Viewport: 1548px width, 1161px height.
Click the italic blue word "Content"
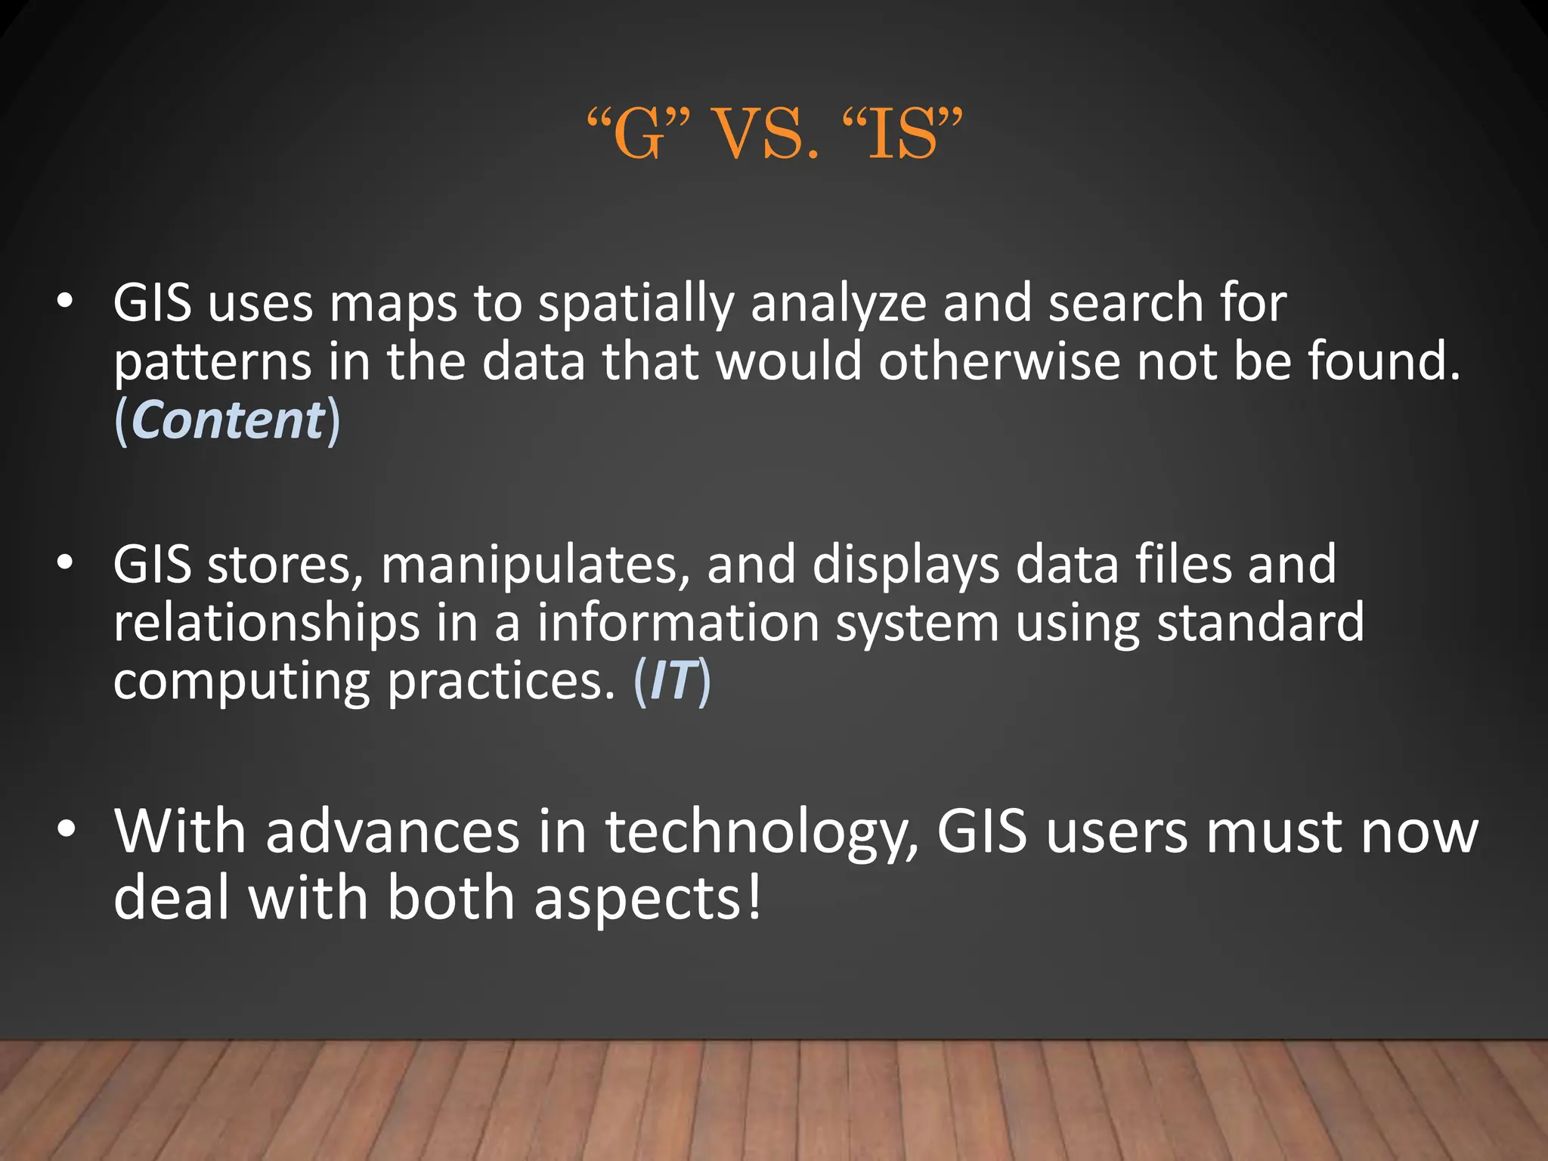pos(228,420)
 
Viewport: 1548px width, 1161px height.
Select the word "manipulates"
pos(535,565)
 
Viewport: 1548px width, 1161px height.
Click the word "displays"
pos(906,565)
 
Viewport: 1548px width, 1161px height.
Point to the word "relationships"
pos(266,624)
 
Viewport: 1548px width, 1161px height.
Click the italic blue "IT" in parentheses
pos(671,682)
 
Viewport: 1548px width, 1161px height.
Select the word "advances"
pos(392,831)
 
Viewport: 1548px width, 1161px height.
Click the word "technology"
pos(762,833)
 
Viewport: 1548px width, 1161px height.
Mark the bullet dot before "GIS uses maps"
pos(66,302)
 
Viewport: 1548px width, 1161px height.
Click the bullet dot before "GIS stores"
pos(66,564)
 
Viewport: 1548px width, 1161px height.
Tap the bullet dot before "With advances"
pos(67,830)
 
